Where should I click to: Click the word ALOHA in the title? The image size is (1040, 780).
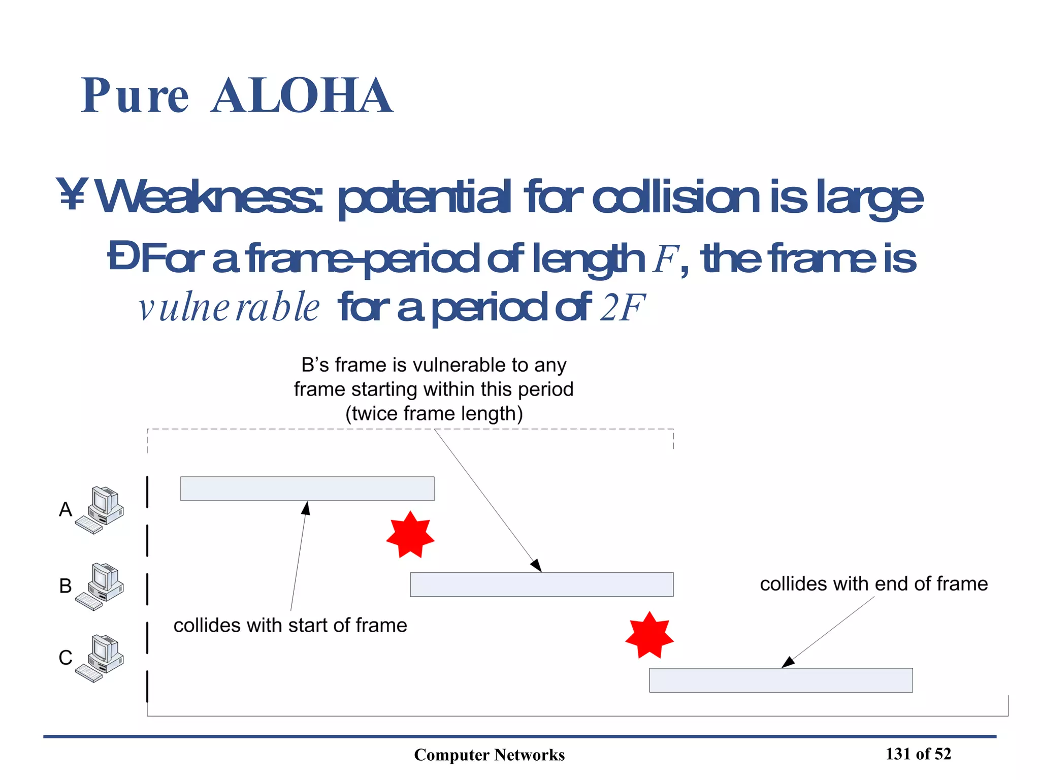(x=302, y=95)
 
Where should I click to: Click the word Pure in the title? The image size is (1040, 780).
(x=135, y=95)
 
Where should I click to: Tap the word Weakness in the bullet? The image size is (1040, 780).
(x=208, y=197)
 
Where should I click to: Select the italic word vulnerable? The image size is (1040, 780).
(x=229, y=307)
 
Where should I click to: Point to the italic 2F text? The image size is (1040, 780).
(x=622, y=307)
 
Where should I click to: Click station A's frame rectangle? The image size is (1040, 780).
(x=307, y=489)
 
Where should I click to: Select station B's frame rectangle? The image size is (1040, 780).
(x=541, y=584)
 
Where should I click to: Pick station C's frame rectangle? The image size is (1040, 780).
(x=781, y=680)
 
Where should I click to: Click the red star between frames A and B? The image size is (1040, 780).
(x=410, y=535)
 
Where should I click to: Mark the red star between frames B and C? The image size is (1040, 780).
(x=649, y=635)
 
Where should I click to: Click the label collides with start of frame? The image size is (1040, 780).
(x=290, y=625)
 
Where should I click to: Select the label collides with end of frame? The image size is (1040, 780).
(x=873, y=584)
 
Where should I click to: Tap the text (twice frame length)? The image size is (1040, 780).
(x=434, y=413)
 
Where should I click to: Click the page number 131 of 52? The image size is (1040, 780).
(x=918, y=754)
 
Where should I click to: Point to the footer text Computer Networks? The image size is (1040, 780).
(x=489, y=755)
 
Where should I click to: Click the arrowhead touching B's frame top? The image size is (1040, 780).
(x=537, y=566)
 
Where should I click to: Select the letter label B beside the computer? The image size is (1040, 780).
(x=66, y=586)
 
